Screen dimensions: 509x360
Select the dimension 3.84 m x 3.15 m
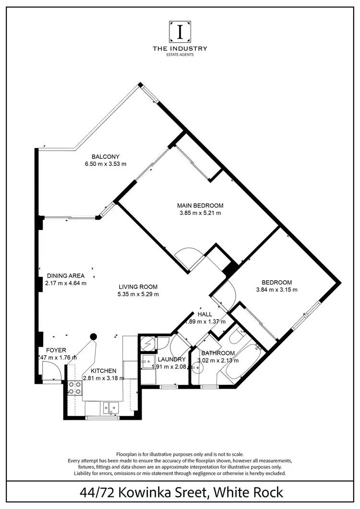pos(276,290)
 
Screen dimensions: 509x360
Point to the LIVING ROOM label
pos(139,287)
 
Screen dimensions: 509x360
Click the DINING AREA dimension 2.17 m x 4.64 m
pos(66,283)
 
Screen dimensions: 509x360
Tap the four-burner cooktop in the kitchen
pos(74,387)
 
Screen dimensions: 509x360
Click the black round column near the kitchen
pos(94,337)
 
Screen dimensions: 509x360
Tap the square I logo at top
pos(180,32)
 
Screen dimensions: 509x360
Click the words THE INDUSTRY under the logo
pos(180,48)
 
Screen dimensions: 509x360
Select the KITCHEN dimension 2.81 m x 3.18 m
pos(104,378)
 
